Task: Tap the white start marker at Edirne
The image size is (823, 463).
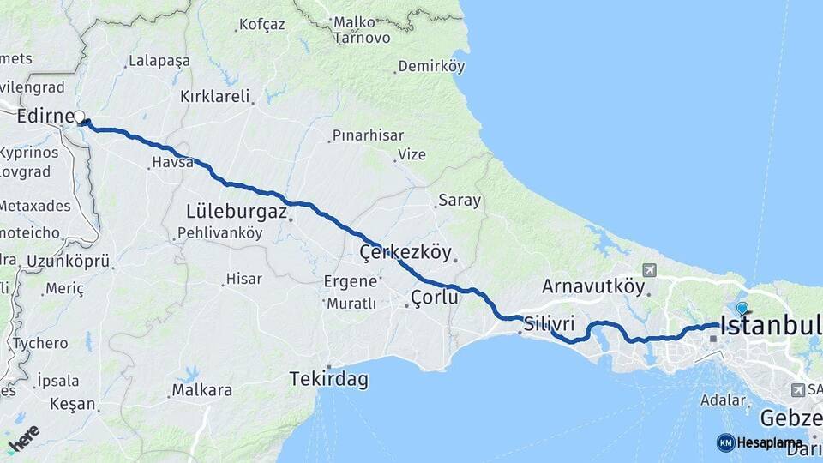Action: [80, 117]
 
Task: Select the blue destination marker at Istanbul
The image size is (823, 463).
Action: [742, 309]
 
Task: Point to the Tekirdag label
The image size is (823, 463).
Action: [328, 378]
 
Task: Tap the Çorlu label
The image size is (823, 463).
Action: [435, 298]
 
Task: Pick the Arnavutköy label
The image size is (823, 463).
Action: [592, 286]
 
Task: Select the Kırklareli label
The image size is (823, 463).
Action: [214, 97]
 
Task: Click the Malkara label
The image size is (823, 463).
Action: [202, 390]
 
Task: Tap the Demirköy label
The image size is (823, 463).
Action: [430, 66]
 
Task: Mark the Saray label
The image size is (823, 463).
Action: [460, 201]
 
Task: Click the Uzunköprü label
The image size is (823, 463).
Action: [68, 261]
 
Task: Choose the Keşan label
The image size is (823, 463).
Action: [72, 403]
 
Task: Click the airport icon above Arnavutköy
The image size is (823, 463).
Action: [647, 270]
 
